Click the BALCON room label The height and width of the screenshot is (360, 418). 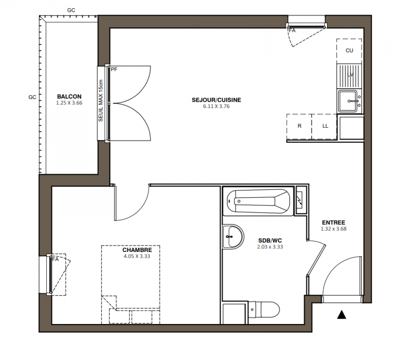point(69,96)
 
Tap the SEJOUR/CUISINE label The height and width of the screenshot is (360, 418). point(216,100)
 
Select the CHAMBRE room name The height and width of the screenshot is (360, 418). point(137,250)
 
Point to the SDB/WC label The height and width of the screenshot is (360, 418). point(270,241)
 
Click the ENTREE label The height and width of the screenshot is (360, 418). point(333,222)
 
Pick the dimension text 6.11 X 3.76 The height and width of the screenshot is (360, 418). point(216,106)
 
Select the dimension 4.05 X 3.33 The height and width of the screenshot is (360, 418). point(137,256)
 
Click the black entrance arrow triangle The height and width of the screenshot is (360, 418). point(341,315)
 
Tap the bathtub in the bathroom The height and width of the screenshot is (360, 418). point(258,201)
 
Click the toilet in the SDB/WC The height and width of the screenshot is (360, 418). point(264,310)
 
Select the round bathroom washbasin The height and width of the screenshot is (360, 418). point(233,236)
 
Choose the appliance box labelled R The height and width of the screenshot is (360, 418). point(299,126)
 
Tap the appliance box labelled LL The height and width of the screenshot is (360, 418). point(324,126)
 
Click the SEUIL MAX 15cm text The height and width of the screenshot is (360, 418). point(100,101)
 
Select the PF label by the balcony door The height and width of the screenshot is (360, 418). point(114,69)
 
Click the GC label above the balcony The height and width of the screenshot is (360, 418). point(71,10)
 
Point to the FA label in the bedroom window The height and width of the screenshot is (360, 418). point(55,259)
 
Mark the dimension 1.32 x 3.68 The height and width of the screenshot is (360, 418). point(333,229)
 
